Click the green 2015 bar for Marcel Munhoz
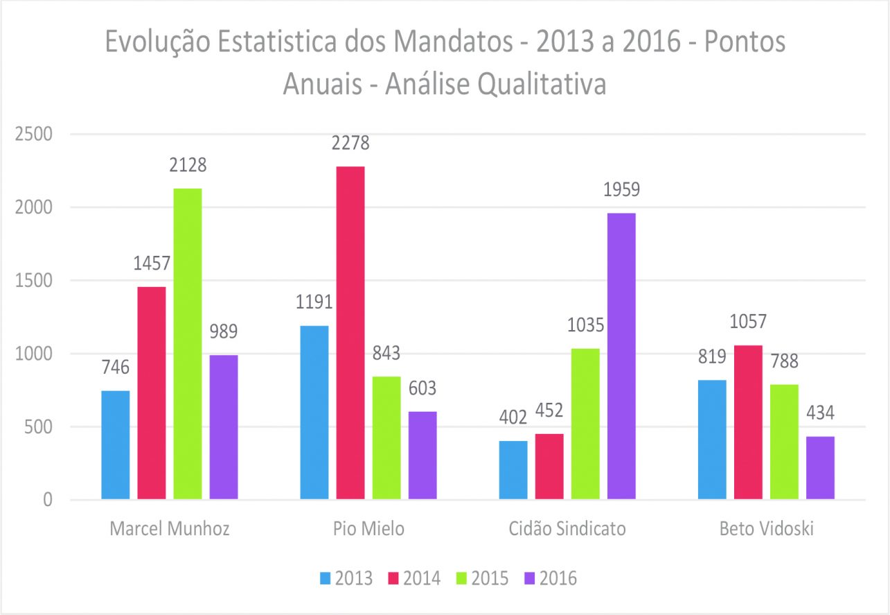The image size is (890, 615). (188, 343)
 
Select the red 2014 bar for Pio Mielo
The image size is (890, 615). (350, 333)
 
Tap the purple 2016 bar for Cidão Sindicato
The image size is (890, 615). (621, 356)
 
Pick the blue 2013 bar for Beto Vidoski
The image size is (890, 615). (712, 440)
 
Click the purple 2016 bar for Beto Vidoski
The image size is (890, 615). (820, 468)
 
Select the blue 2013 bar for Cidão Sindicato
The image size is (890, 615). (513, 470)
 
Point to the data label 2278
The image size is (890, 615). (350, 144)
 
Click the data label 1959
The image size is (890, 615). (621, 190)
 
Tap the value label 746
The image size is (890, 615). (116, 367)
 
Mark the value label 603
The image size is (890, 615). (422, 388)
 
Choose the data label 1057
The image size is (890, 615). (748, 322)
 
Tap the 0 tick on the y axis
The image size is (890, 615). (46, 500)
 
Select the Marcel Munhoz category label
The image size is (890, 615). (170, 529)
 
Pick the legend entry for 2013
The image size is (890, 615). (346, 578)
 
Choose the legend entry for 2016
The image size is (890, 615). (551, 578)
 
